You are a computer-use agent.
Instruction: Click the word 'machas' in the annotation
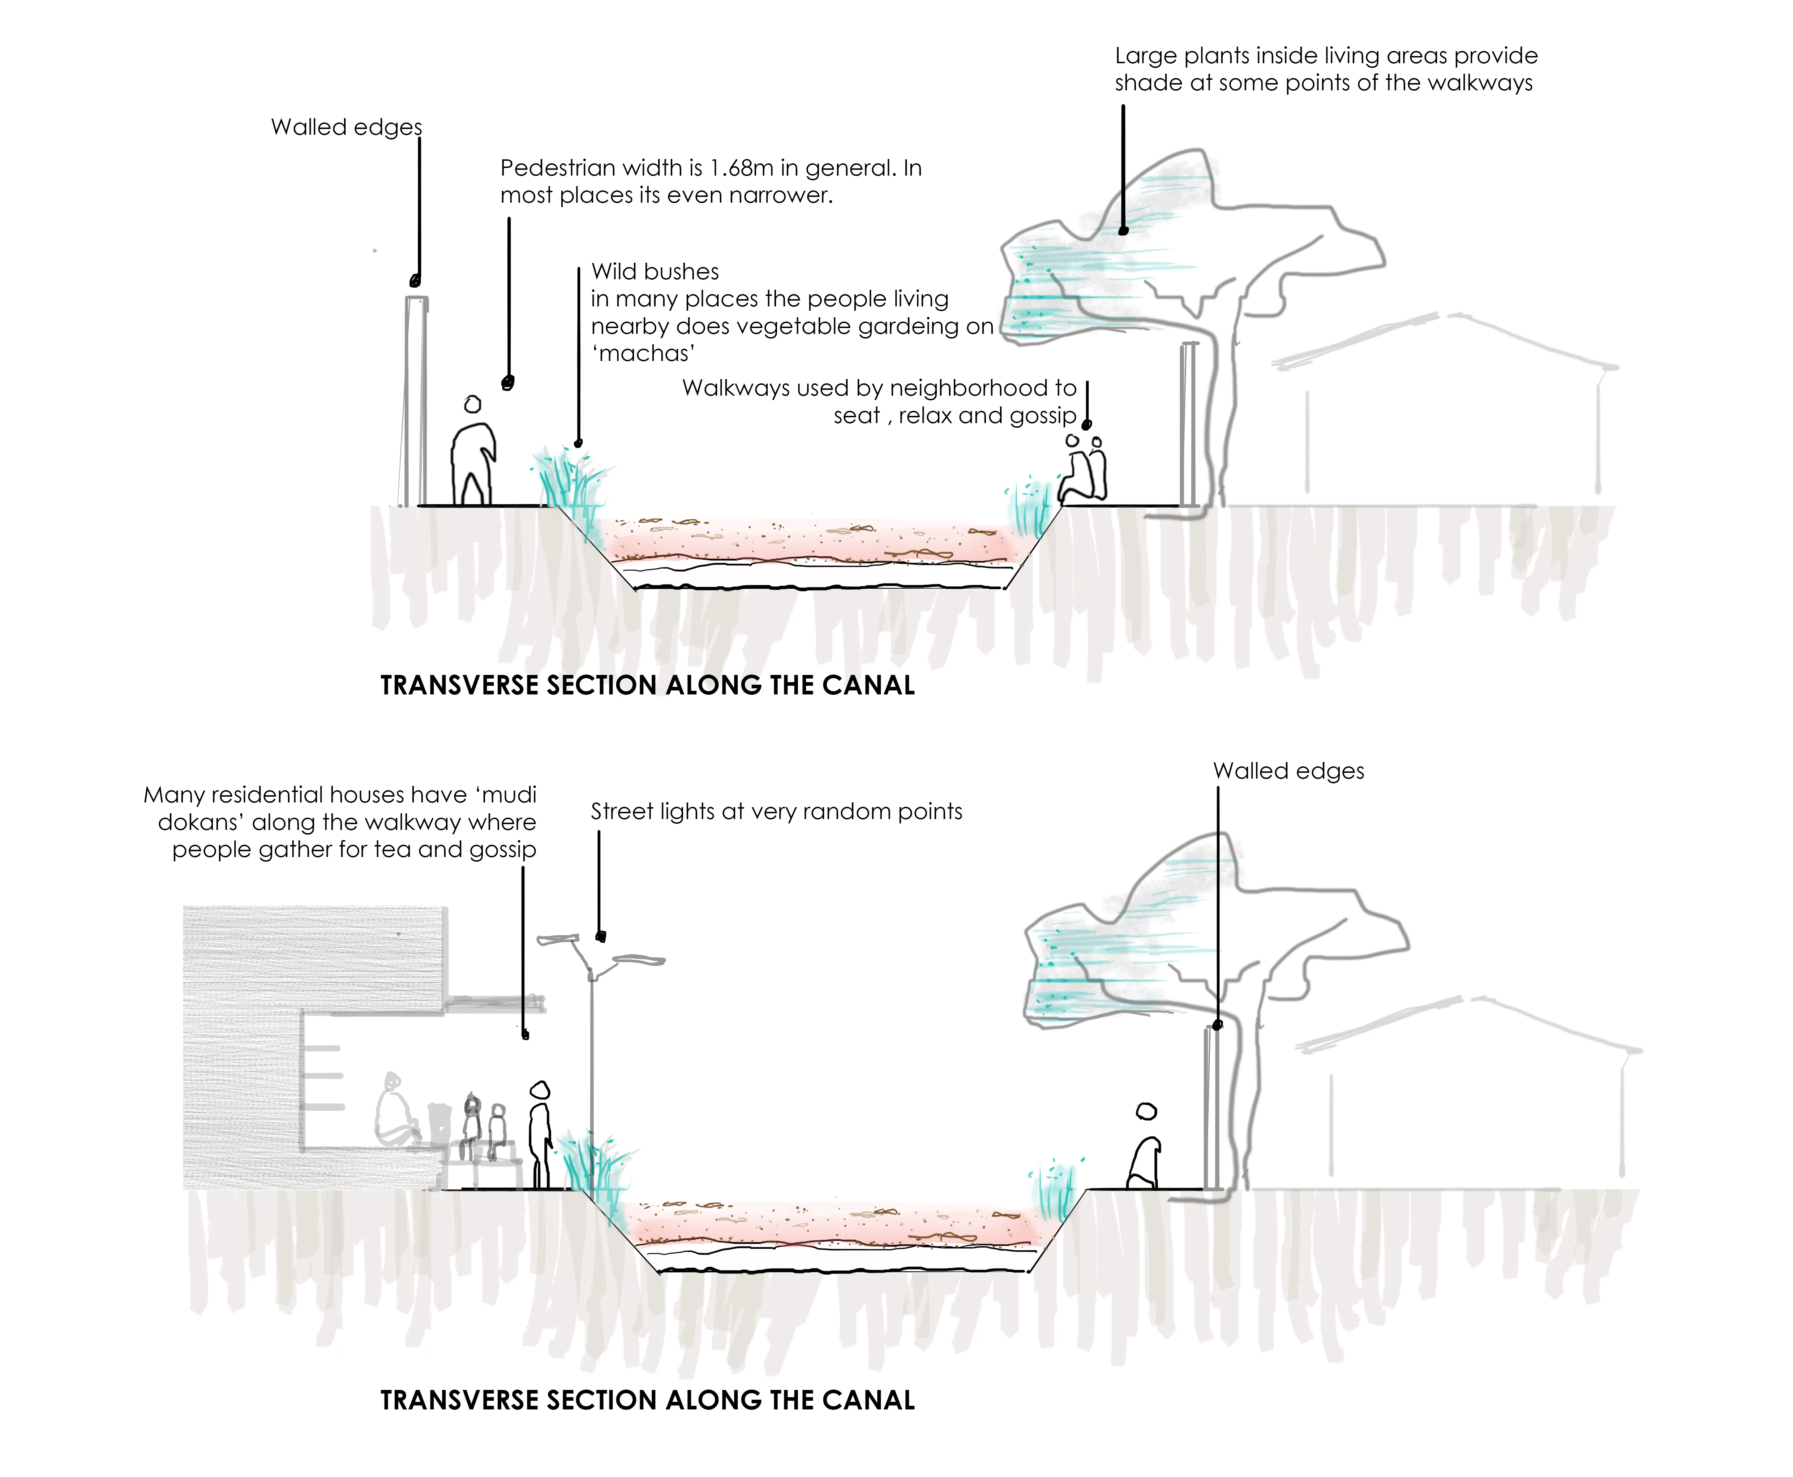tap(644, 354)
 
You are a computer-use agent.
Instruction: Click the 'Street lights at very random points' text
tap(776, 812)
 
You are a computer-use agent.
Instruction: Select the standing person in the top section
tap(472, 455)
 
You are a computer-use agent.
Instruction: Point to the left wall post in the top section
tap(415, 400)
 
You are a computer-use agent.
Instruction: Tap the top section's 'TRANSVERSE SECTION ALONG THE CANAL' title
tap(647, 686)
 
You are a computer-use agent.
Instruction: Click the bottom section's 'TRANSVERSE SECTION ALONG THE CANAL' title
tap(647, 1400)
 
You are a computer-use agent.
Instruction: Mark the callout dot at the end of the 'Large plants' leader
tap(1123, 231)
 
